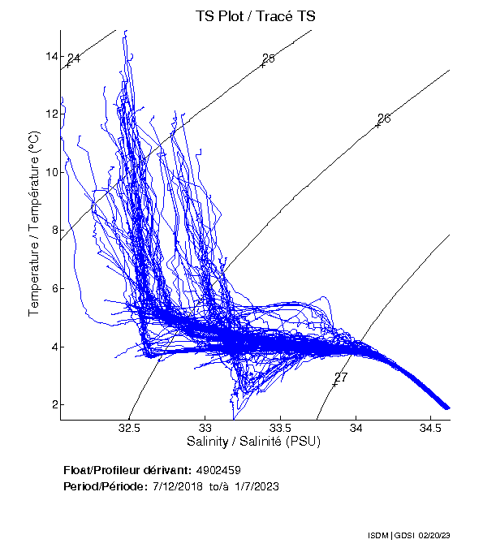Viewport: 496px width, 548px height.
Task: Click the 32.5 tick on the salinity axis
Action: coord(130,428)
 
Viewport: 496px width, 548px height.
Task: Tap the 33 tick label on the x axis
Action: coord(205,428)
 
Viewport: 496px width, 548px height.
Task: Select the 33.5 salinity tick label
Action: coord(280,428)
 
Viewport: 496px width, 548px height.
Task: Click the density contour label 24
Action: coord(74,58)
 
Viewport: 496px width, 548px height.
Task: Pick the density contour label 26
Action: coord(384,119)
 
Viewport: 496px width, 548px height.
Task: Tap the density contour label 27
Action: coord(341,378)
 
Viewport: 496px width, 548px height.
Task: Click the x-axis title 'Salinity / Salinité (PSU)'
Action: coord(254,442)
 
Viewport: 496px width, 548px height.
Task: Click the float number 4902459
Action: coord(218,471)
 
